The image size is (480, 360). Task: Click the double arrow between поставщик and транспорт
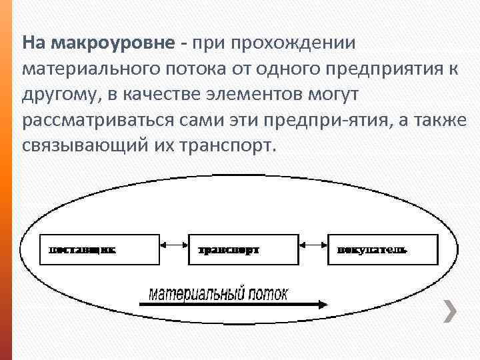(173, 245)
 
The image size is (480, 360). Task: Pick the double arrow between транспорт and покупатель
(311, 245)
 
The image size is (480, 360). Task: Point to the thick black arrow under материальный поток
(234, 304)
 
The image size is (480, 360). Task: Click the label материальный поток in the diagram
(217, 293)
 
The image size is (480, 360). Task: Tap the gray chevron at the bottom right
(451, 310)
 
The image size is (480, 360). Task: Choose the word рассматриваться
(89, 120)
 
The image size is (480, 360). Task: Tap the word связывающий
(82, 145)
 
